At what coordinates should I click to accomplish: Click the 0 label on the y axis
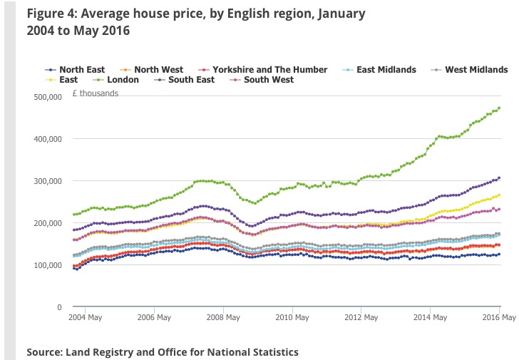click(60, 307)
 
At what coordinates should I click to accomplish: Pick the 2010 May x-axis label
click(292, 317)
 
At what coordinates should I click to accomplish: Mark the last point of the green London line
click(499, 108)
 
